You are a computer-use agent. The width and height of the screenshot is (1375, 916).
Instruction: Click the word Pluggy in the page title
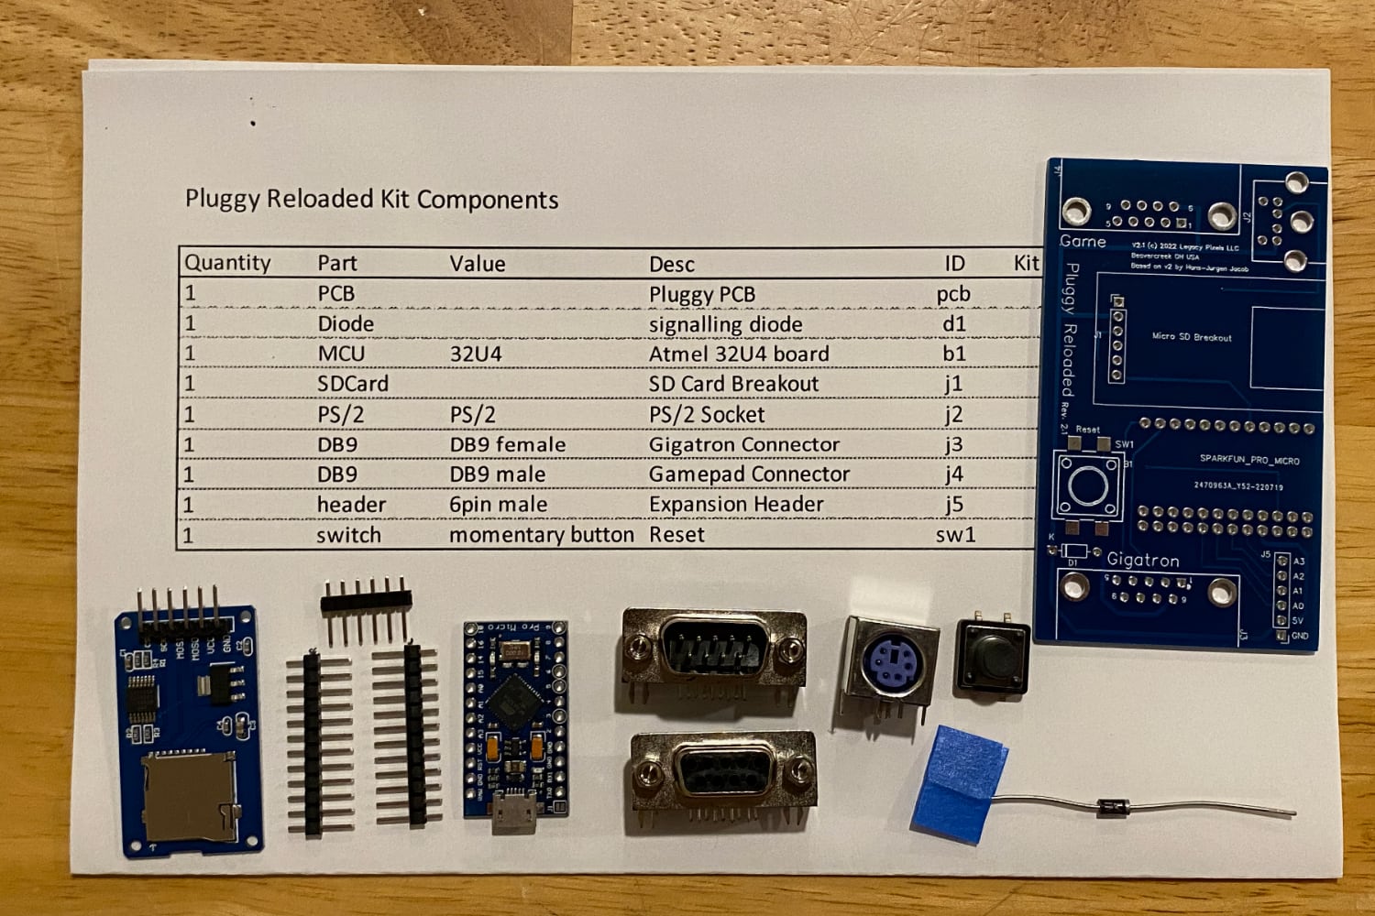coord(223,200)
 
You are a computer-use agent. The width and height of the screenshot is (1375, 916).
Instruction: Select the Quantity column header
coord(227,263)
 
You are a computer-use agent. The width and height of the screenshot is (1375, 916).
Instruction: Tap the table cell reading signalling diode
coord(725,324)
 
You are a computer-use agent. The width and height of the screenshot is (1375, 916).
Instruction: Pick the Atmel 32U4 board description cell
coord(739,354)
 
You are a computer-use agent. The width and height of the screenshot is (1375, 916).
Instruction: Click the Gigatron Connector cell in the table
coord(743,444)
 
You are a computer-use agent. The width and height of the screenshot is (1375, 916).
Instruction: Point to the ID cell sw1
coord(955,535)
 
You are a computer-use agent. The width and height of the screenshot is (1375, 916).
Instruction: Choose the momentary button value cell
coord(541,535)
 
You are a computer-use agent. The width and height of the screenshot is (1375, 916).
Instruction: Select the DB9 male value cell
coord(497,474)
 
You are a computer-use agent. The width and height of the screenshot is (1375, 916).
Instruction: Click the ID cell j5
coord(954,505)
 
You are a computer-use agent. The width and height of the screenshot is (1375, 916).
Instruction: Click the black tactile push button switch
coord(992,657)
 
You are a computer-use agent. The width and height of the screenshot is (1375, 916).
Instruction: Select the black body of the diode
coord(1114,807)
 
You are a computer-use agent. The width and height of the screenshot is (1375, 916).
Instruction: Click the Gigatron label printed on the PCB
coord(1142,560)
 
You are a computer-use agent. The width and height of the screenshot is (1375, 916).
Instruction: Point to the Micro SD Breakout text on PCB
coord(1192,337)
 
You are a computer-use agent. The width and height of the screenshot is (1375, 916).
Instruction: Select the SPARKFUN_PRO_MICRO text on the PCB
coord(1248,459)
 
